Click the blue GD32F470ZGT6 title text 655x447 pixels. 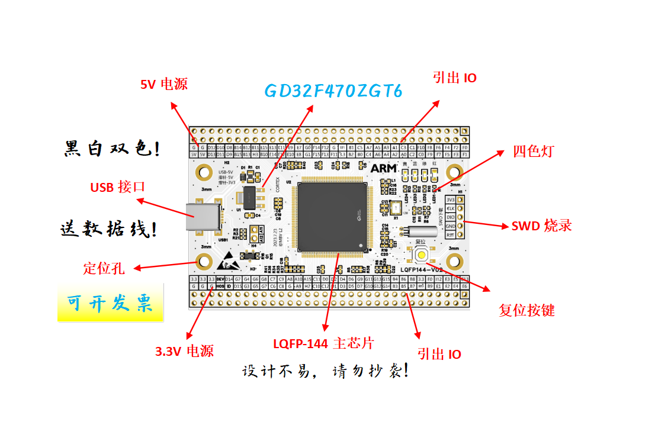coord(333,91)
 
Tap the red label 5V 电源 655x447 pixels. coord(163,84)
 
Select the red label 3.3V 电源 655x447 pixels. coord(184,351)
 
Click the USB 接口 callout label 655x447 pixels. coord(117,187)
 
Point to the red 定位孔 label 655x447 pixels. coord(104,268)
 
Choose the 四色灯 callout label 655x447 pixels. coord(533,151)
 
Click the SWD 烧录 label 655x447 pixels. coord(541,226)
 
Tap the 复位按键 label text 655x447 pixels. coord(526,310)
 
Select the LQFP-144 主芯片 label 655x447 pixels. coord(323,343)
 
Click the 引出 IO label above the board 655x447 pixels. coord(454,78)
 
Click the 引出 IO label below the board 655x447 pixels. coord(439,354)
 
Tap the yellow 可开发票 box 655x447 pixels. coord(110,304)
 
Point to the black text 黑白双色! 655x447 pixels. coord(111,149)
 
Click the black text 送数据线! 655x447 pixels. coord(109,229)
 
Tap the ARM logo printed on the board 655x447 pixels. coord(383,168)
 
